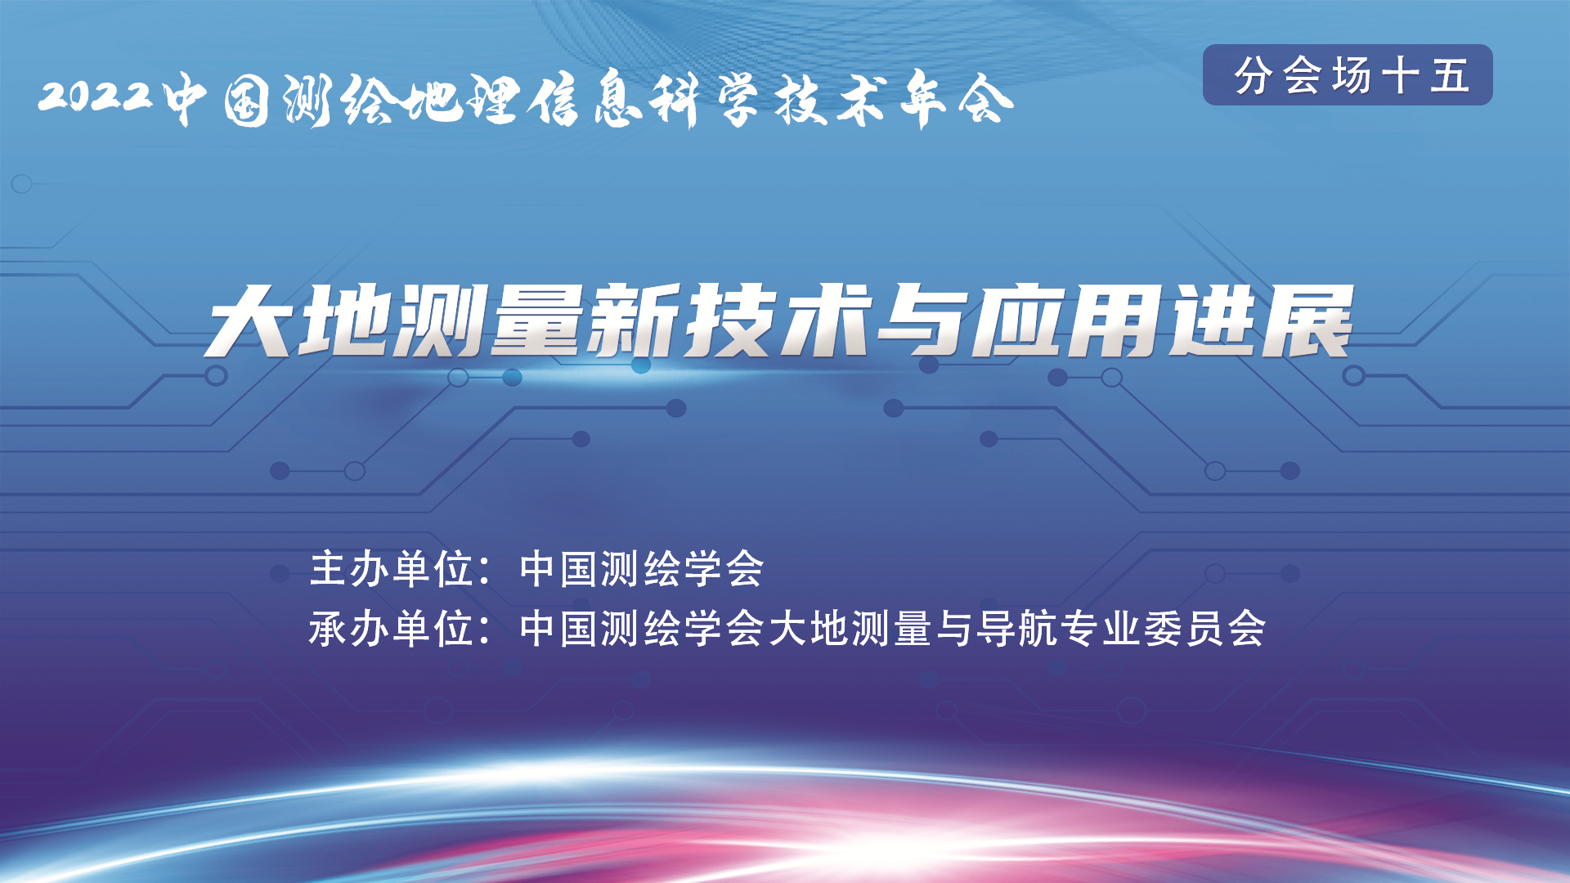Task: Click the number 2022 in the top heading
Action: pyautogui.click(x=96, y=96)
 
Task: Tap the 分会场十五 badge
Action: pyautogui.click(x=1348, y=75)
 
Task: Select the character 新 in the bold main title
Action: pyautogui.click(x=638, y=320)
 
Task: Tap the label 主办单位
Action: pyautogui.click(x=392, y=568)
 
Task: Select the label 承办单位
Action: pyautogui.click(x=392, y=629)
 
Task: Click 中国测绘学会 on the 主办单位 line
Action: pyautogui.click(x=642, y=568)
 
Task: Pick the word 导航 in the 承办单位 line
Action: pyautogui.click(x=1017, y=629)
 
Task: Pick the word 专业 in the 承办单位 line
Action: pyautogui.click(x=1100, y=629)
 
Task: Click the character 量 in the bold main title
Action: pyautogui.click(x=540, y=320)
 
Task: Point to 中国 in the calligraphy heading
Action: pyautogui.click(x=216, y=101)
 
